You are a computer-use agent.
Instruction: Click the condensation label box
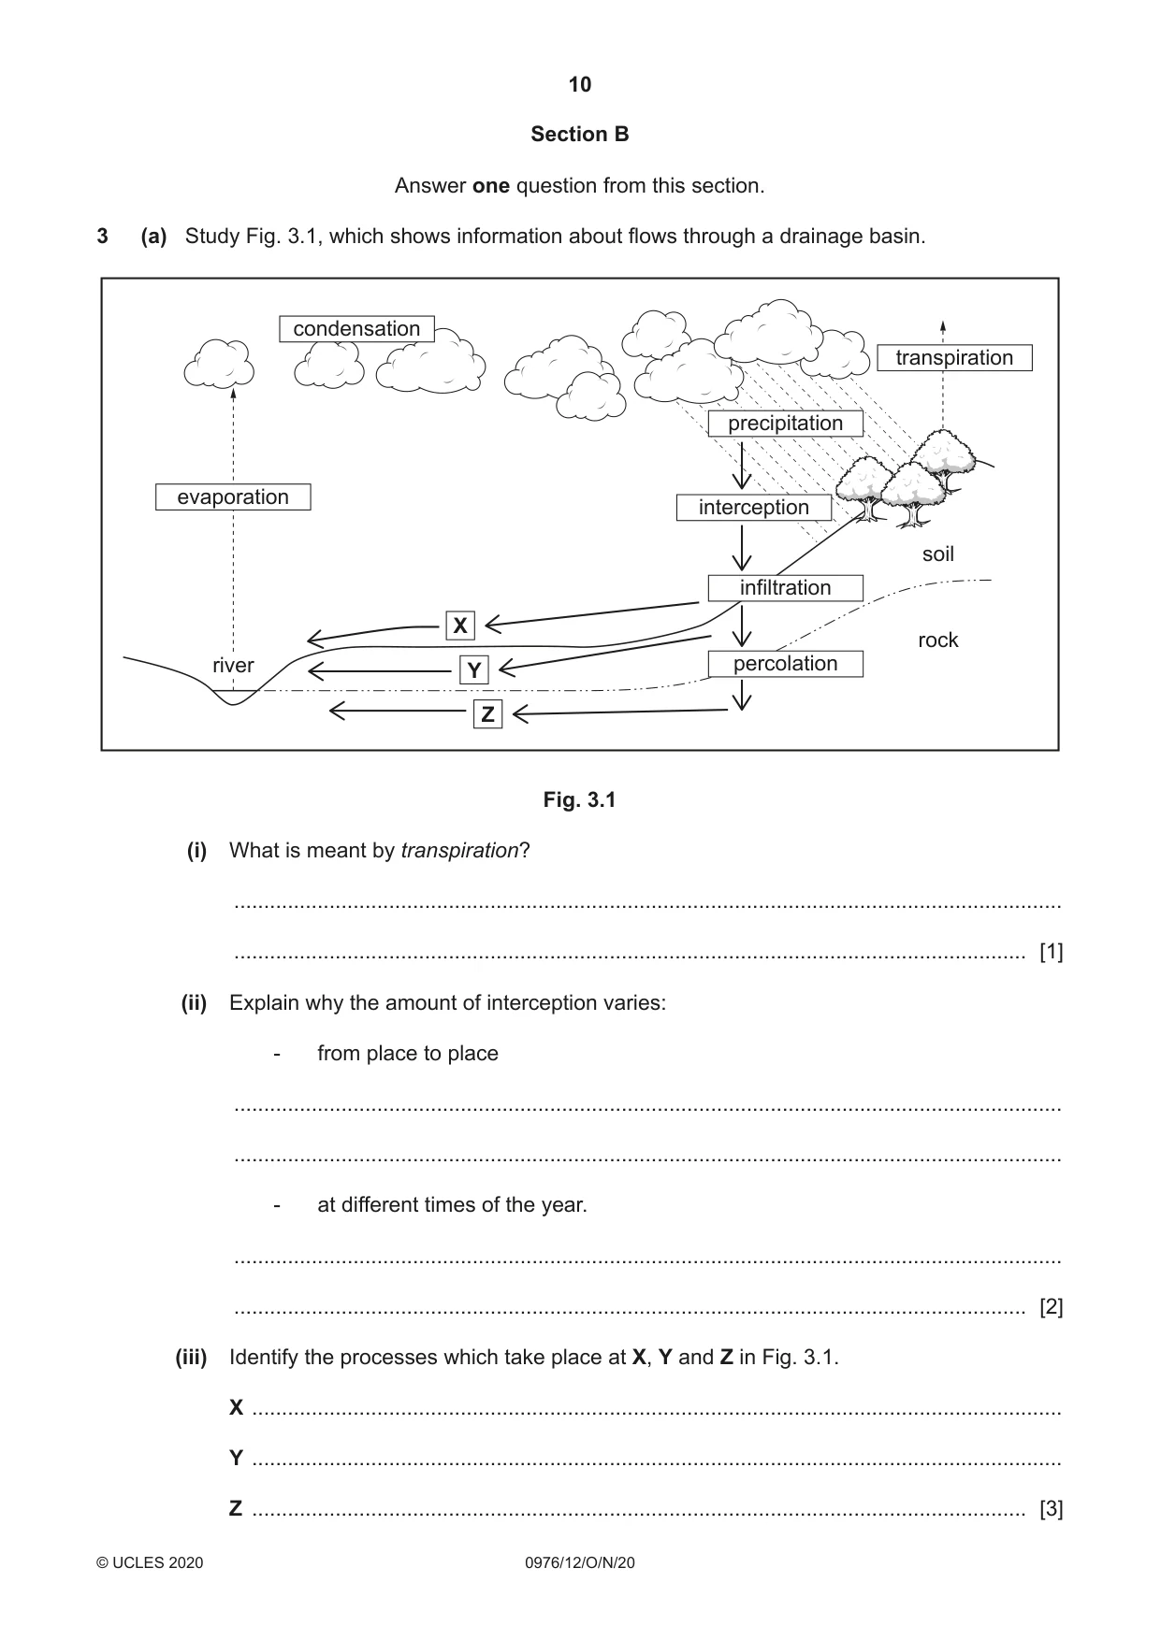[356, 329]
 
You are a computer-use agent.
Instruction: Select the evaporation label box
[233, 496]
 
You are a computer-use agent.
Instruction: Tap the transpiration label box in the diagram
[954, 358]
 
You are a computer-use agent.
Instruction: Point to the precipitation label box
[785, 424]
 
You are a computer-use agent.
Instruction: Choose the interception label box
[754, 508]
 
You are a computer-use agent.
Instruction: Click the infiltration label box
[785, 588]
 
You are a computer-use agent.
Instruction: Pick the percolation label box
[785, 664]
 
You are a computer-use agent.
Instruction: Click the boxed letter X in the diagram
[460, 626]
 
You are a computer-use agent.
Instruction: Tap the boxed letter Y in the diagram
[474, 669]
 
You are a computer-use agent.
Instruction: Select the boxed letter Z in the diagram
[487, 715]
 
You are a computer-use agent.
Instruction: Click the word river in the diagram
[233, 665]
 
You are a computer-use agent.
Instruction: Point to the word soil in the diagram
[938, 554]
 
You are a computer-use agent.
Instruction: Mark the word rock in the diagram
[938, 640]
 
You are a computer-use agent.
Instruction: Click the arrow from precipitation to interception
[742, 464]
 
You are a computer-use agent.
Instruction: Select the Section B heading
[580, 135]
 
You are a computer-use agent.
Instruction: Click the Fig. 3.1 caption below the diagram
[580, 800]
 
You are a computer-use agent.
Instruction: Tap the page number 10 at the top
[580, 85]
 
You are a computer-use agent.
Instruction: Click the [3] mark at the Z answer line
[1052, 1509]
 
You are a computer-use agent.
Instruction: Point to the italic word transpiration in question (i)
[459, 851]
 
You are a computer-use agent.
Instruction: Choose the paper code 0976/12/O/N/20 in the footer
[580, 1562]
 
